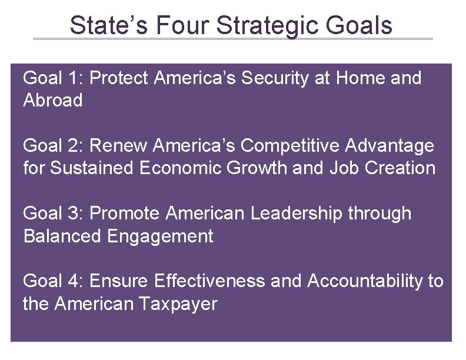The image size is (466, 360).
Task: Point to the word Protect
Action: pyautogui.click(x=120, y=78)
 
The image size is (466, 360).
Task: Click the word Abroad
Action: pyautogui.click(x=53, y=101)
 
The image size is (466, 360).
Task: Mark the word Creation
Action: pyautogui.click(x=400, y=168)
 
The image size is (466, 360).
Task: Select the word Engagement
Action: pyautogui.click(x=160, y=236)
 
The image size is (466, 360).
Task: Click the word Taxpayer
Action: pyautogui.click(x=178, y=304)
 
